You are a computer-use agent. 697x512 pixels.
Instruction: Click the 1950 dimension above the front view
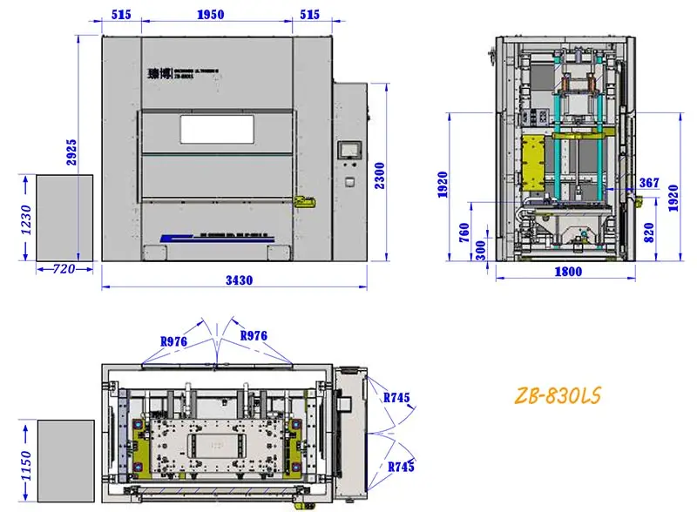point(211,15)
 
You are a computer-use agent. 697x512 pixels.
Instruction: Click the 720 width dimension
point(64,270)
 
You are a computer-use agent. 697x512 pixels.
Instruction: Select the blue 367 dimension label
point(649,183)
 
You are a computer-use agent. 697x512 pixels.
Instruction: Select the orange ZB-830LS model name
point(556,396)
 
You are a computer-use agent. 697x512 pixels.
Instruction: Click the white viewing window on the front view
point(218,129)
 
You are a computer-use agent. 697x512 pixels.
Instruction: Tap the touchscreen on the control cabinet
point(351,148)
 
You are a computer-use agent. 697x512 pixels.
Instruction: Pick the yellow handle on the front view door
point(303,201)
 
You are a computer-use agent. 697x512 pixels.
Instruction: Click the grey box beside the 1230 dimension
point(64,217)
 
